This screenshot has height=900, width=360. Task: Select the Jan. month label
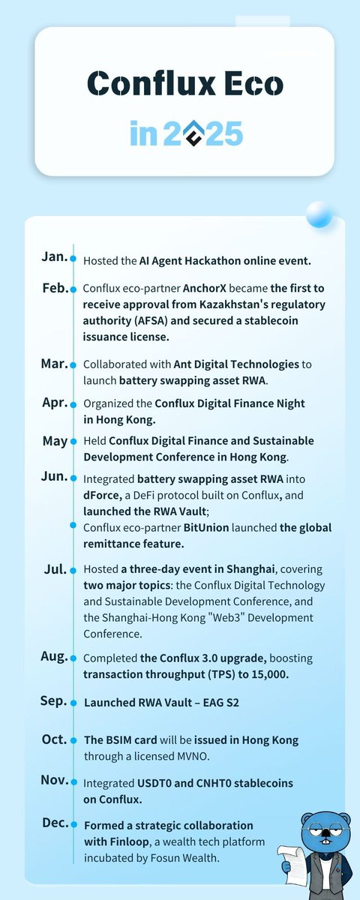(x=54, y=256)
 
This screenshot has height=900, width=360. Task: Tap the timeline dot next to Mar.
(x=73, y=365)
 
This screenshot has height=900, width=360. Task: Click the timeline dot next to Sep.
(x=73, y=703)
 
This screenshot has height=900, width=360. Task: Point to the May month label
(x=55, y=441)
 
